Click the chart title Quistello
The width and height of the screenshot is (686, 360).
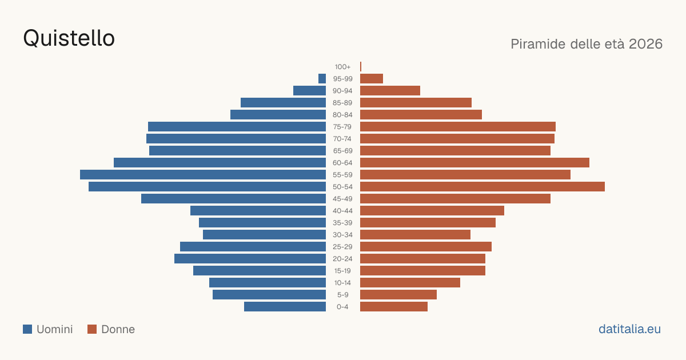tap(69, 38)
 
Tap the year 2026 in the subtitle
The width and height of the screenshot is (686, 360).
tap(645, 44)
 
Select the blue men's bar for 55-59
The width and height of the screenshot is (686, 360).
tap(203, 174)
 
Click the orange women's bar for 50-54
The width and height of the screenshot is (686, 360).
tap(482, 187)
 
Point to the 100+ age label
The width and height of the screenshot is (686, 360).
tap(342, 67)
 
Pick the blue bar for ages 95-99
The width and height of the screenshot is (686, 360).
tap(322, 79)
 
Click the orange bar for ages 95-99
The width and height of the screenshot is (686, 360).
tap(372, 79)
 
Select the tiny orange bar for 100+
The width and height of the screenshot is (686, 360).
tap(361, 67)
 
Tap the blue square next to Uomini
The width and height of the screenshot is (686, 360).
tap(27, 329)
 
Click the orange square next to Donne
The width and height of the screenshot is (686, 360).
tap(92, 329)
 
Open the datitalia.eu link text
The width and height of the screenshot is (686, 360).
tap(629, 329)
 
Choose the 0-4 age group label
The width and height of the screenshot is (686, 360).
tap(342, 307)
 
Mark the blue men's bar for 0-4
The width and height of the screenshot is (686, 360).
tap(285, 307)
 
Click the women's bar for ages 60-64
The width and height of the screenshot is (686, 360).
tap(474, 162)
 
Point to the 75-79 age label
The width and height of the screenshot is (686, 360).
tap(342, 127)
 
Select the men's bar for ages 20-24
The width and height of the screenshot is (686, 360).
tap(250, 259)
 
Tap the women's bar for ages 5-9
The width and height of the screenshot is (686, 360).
tap(398, 295)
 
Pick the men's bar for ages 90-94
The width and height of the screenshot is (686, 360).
tap(309, 91)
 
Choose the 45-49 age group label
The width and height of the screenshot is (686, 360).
tap(342, 199)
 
